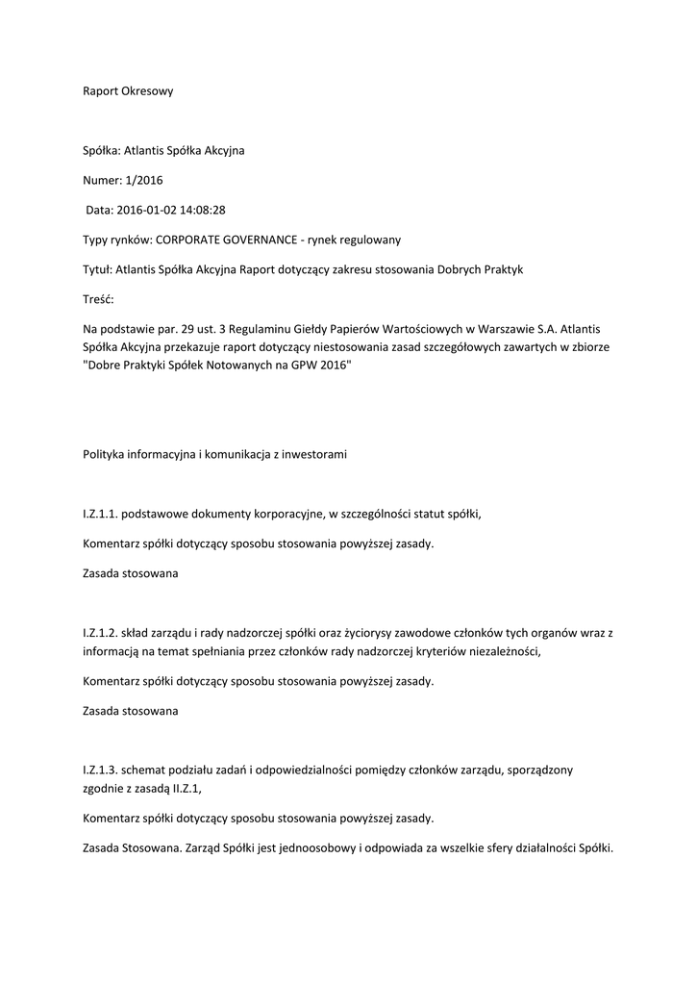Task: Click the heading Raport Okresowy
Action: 127,91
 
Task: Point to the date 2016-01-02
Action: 144,210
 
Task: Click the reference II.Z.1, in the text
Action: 185,788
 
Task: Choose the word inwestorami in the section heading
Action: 313,454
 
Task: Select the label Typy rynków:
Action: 116,240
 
